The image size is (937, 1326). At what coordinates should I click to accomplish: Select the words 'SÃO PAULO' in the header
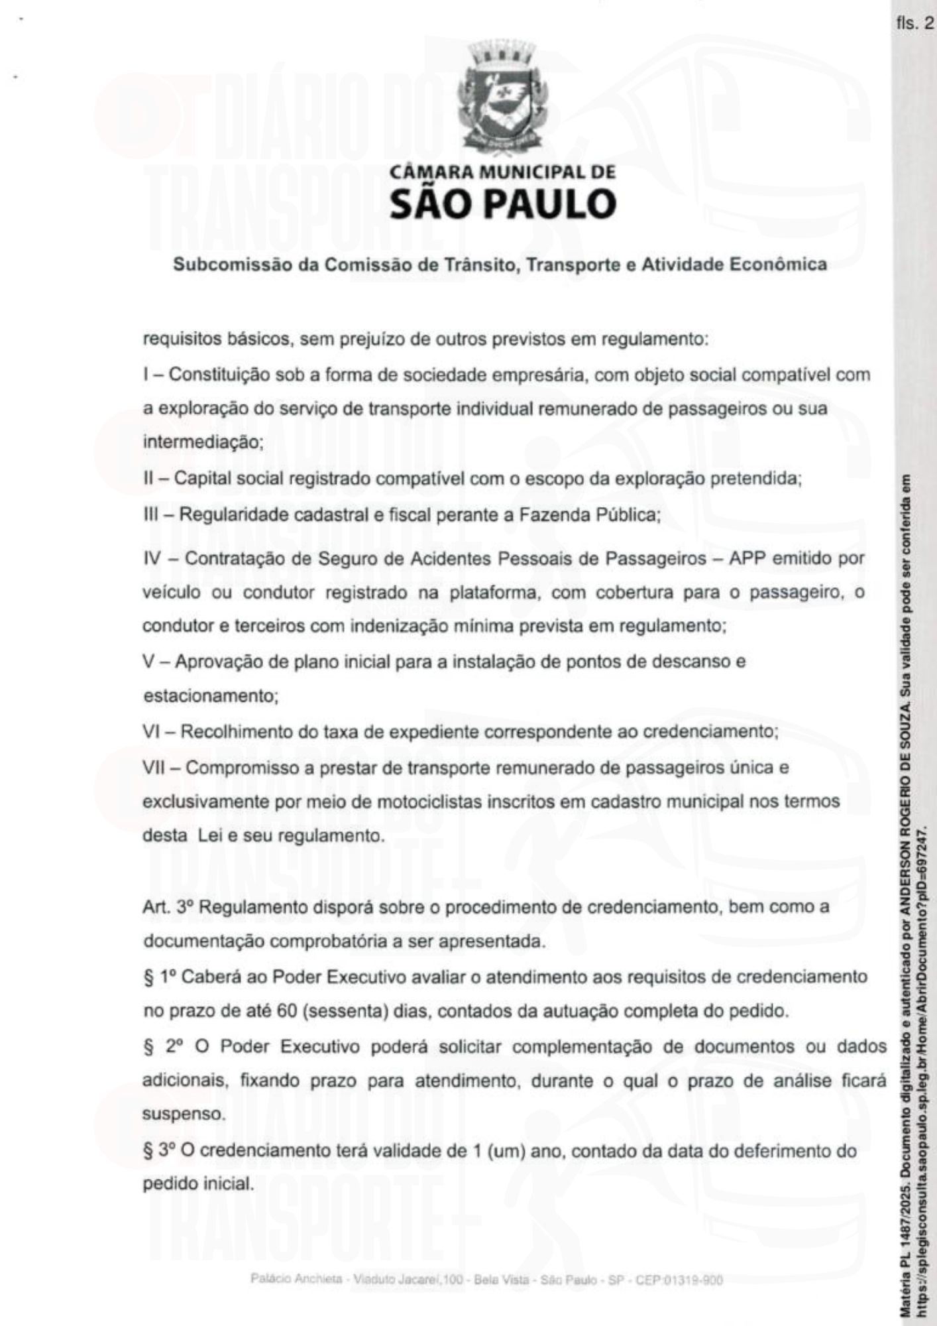(502, 204)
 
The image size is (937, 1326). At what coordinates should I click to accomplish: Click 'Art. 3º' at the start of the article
(167, 907)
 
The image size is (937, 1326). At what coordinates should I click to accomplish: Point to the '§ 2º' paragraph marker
(159, 1048)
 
